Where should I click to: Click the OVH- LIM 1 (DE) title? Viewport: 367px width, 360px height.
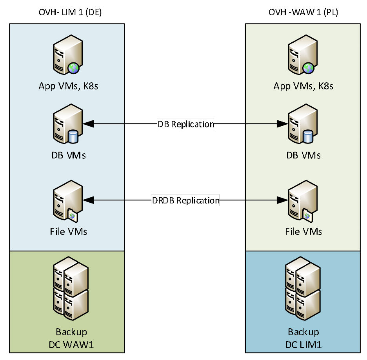tap(70, 12)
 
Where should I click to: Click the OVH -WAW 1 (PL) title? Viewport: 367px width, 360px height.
tap(303, 12)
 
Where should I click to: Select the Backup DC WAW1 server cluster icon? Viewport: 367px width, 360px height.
tap(71, 288)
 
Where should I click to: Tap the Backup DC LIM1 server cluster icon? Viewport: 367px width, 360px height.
tap(303, 288)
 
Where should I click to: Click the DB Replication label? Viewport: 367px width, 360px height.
tap(186, 124)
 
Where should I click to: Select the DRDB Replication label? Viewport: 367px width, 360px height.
tap(185, 200)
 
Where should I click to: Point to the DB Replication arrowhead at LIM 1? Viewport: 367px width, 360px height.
tap(89, 124)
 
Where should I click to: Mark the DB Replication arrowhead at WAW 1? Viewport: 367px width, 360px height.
tap(282, 124)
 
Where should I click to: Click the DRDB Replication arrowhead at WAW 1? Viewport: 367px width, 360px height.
tap(282, 200)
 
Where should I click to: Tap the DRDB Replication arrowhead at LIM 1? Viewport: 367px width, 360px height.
tap(89, 200)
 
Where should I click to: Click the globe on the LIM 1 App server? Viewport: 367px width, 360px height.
tap(73, 68)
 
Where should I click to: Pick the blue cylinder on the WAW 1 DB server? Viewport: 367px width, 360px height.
tap(308, 137)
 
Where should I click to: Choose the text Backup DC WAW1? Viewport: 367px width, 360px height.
tap(71, 338)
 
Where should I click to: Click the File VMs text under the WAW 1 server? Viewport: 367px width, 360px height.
tap(303, 231)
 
